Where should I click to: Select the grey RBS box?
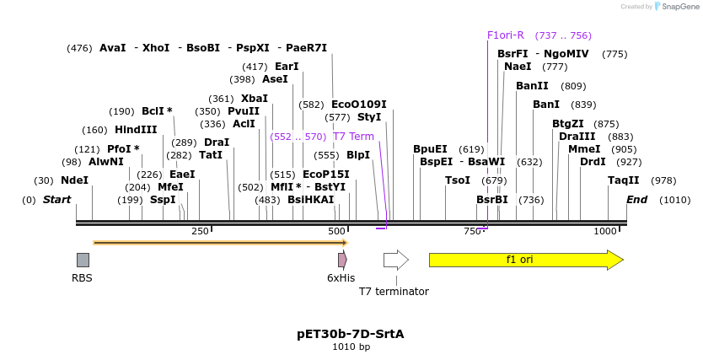(x=83, y=260)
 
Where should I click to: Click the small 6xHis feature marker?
(x=342, y=260)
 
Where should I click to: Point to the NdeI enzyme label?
(x=74, y=180)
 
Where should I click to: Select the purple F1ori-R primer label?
(x=506, y=35)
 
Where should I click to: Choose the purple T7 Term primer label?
(x=353, y=137)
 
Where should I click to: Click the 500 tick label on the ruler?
(x=336, y=231)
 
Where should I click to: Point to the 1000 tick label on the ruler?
(x=605, y=231)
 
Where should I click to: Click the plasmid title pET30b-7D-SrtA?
(x=351, y=334)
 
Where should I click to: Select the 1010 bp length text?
(x=351, y=347)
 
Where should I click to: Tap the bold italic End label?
(x=636, y=200)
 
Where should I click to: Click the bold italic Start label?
(x=56, y=200)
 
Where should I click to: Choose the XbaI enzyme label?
(x=254, y=99)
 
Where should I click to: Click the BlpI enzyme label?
(x=358, y=155)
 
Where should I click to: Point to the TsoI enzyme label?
(x=458, y=180)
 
